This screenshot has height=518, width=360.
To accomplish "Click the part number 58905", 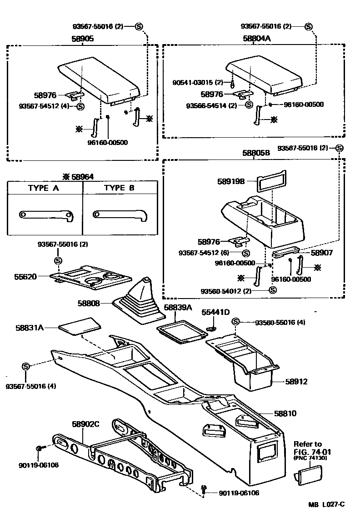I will [82, 39].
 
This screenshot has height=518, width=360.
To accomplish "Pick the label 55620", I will [37, 276].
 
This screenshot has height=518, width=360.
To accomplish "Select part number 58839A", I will [178, 308].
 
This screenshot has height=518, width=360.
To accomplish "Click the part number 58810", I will [285, 413].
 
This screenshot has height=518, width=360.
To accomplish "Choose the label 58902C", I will [85, 424].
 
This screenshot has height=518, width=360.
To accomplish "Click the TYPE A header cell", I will [44, 188].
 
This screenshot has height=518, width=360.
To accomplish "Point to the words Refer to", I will [307, 444].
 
